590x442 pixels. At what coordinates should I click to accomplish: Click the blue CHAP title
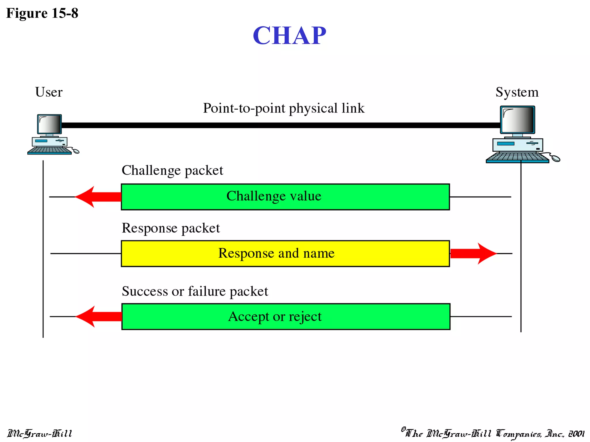pyautogui.click(x=289, y=35)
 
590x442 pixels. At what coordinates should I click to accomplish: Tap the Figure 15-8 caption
pyautogui.click(x=42, y=13)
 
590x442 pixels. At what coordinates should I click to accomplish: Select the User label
pyautogui.click(x=49, y=92)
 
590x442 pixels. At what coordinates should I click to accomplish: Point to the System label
pyautogui.click(x=517, y=92)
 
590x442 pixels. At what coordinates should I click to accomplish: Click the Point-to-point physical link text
pyautogui.click(x=284, y=108)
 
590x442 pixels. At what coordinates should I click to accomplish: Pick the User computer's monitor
pyautogui.click(x=50, y=124)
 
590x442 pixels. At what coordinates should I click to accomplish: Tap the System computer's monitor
pyautogui.click(x=517, y=120)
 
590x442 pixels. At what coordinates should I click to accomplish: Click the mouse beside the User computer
pyautogui.click(x=75, y=151)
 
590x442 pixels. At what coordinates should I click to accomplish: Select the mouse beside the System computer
pyautogui.click(x=555, y=158)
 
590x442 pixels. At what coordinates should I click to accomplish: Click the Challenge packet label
pyautogui.click(x=172, y=170)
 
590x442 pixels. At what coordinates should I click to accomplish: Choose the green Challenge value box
pyautogui.click(x=285, y=197)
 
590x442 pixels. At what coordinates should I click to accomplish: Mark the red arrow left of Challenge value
pyautogui.click(x=98, y=197)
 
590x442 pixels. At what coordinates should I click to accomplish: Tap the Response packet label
pyautogui.click(x=171, y=228)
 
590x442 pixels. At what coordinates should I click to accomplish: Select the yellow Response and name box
pyautogui.click(x=285, y=254)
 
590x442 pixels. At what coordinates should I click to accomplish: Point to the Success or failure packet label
pyautogui.click(x=195, y=291)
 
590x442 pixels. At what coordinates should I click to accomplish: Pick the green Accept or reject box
pyautogui.click(x=286, y=317)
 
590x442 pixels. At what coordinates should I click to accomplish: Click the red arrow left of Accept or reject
pyautogui.click(x=99, y=317)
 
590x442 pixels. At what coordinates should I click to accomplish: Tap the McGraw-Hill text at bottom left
pyautogui.click(x=40, y=433)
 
